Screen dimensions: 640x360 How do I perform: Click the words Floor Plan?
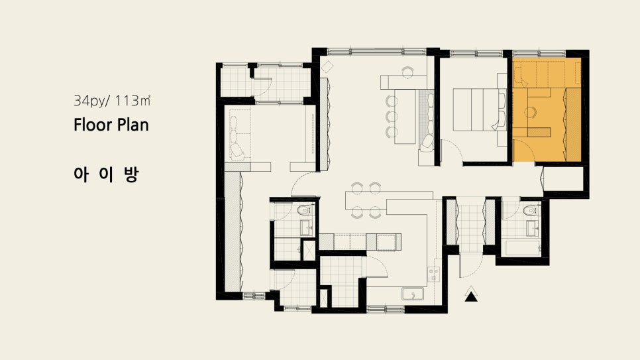[x=111, y=125]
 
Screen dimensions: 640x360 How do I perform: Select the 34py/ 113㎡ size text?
[x=112, y=101]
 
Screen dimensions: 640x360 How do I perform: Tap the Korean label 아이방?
[x=107, y=174]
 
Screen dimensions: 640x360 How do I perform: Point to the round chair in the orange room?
[x=531, y=112]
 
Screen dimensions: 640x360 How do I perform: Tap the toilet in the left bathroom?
[x=304, y=211]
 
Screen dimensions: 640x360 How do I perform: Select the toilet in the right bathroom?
[x=531, y=210]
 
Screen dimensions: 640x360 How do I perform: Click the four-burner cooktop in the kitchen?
[x=433, y=274]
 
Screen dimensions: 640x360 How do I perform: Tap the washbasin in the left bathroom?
[x=306, y=227]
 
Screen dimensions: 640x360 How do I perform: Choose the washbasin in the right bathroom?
[x=532, y=229]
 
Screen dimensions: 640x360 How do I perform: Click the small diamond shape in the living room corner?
[x=327, y=67]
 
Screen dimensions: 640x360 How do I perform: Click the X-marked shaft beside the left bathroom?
[x=309, y=250]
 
